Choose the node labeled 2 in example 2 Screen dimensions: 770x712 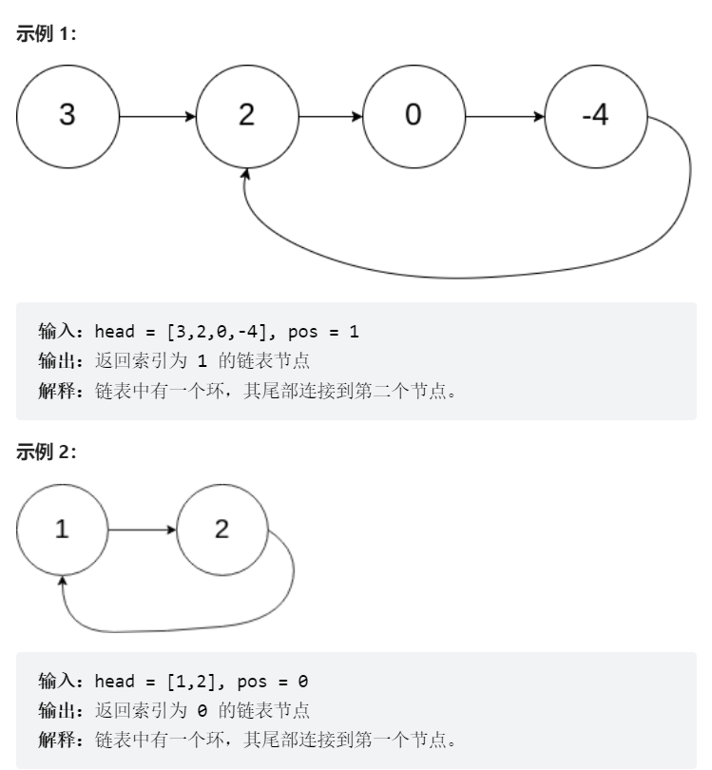222,529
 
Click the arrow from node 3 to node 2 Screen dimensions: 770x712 157,117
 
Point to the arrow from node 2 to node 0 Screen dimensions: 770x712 330,117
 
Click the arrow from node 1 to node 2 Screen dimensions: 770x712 143,529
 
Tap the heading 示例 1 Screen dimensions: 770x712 47,34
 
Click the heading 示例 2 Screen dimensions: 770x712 47,452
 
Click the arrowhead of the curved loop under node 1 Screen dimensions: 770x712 63,582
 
